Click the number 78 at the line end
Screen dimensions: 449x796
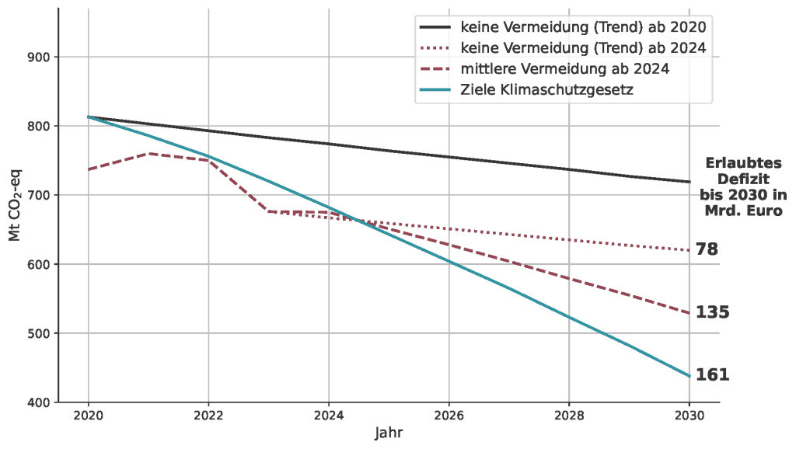click(707, 249)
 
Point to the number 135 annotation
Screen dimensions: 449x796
click(712, 312)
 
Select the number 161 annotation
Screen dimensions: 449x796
click(712, 374)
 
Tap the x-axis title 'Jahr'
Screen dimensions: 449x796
click(389, 432)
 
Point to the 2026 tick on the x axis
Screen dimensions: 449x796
click(449, 415)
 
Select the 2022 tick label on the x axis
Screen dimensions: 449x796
click(208, 415)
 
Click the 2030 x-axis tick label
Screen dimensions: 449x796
click(689, 415)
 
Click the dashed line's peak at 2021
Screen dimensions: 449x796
click(148, 153)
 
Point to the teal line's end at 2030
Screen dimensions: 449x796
click(689, 376)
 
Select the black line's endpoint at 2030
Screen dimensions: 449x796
click(689, 182)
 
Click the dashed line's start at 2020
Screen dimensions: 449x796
click(89, 169)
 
